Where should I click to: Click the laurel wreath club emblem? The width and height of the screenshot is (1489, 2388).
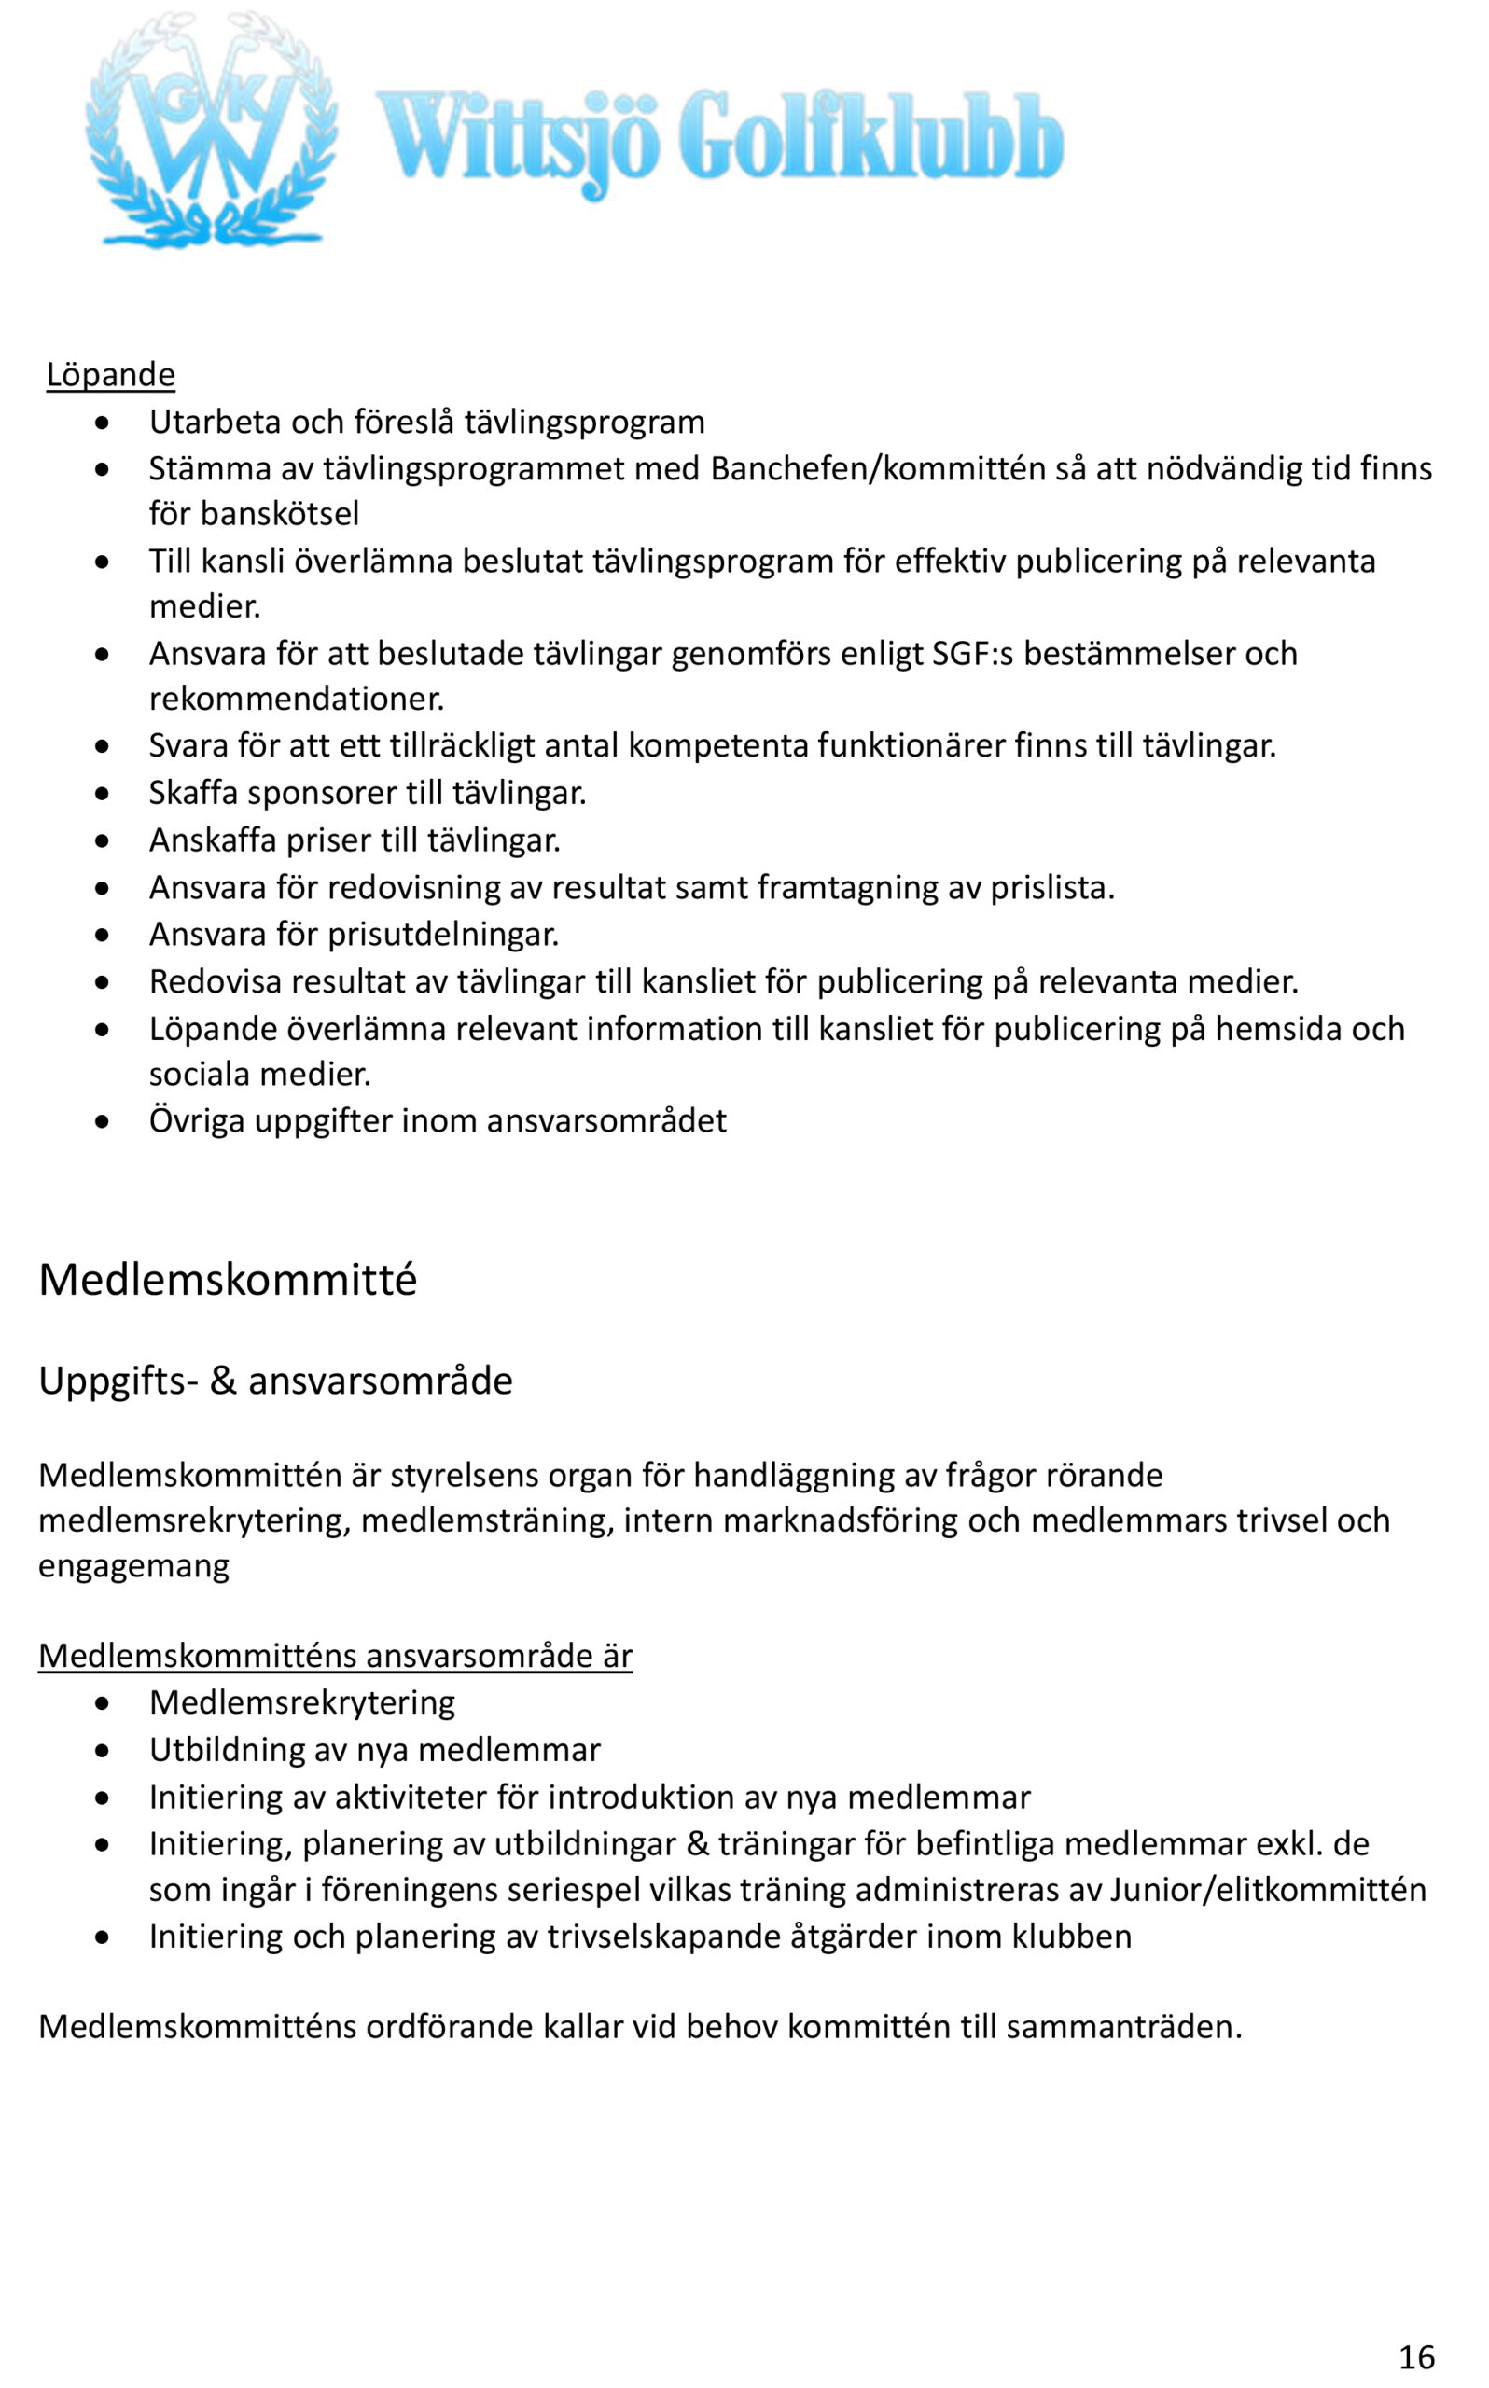pyautogui.click(x=211, y=130)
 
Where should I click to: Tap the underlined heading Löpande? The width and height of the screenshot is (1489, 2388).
pyautogui.click(x=110, y=375)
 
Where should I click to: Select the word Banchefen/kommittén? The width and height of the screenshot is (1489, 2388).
pyautogui.click(x=877, y=468)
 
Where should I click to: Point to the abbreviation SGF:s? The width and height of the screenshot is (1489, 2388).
pyautogui.click(x=972, y=654)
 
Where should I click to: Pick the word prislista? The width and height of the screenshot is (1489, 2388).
pyautogui.click(x=1051, y=888)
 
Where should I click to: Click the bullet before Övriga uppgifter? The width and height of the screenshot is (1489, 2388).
pyautogui.click(x=103, y=1121)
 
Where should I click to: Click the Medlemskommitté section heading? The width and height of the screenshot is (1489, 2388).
pyautogui.click(x=228, y=1281)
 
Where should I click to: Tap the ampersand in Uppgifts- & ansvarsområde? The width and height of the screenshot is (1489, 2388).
pyautogui.click(x=223, y=1381)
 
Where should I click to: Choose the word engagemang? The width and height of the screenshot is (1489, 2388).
pyautogui.click(x=134, y=1566)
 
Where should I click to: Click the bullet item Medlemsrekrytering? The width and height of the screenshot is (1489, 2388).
pyautogui.click(x=302, y=1703)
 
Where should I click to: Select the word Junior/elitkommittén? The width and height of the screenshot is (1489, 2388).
pyautogui.click(x=1267, y=1890)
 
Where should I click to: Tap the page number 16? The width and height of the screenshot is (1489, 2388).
pyautogui.click(x=1416, y=2357)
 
